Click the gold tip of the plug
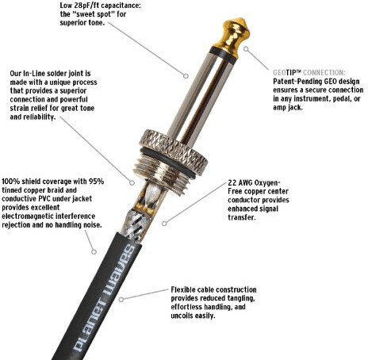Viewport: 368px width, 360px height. pos(232,33)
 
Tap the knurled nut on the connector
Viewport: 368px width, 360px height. pos(174,151)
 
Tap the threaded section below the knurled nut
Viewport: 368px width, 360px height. pos(160,177)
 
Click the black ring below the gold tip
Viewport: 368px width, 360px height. pos(223,56)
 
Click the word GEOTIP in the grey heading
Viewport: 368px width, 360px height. pos(287,72)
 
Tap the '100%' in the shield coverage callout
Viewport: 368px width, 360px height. pos(10,182)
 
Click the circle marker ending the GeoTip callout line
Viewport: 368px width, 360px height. pos(246,49)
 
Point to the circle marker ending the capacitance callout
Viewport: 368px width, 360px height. pos(186,76)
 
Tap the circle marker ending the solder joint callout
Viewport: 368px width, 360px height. pos(132,182)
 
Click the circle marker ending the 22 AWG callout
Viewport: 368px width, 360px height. pos(164,224)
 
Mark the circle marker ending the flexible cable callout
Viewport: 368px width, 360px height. pos(121,300)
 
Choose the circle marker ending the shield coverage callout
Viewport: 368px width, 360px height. pos(94,252)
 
